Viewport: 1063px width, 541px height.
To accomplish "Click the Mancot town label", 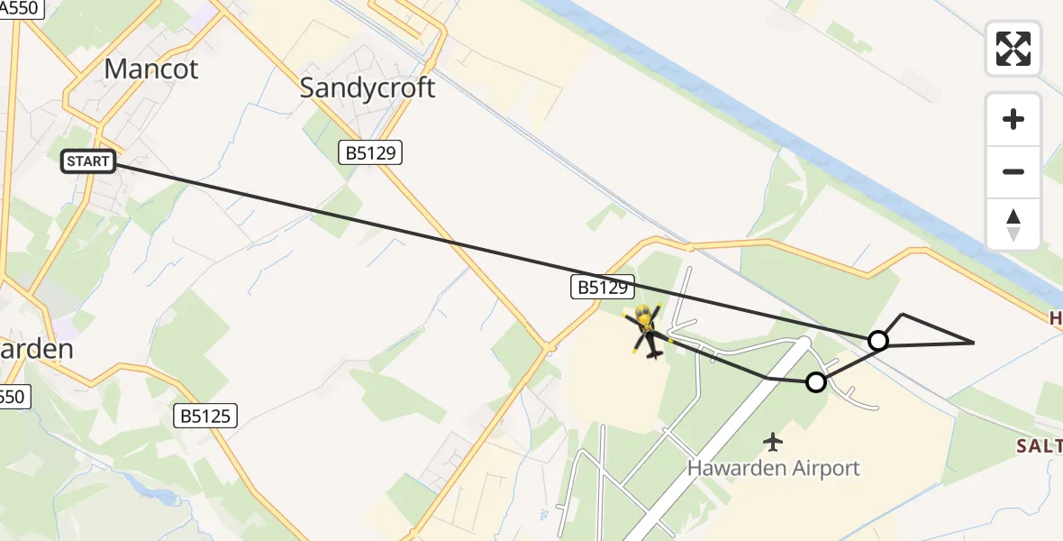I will (x=151, y=69).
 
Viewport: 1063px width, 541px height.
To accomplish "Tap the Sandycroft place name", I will (x=367, y=87).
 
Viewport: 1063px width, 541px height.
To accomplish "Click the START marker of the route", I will (x=88, y=161).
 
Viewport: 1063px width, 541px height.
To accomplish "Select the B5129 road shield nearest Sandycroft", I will (x=370, y=153).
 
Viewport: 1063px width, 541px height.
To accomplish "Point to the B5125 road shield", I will (x=206, y=416).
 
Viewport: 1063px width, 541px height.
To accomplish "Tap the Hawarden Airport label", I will (x=773, y=468).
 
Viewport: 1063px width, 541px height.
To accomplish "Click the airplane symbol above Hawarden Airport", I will (x=773, y=442).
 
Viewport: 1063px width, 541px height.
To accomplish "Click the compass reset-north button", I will (x=1013, y=225).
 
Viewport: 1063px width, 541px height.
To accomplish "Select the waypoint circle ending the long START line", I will (x=877, y=340).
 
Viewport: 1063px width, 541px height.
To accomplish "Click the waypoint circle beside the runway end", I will (x=815, y=382).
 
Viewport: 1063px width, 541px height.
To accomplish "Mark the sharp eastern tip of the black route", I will (x=973, y=343).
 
